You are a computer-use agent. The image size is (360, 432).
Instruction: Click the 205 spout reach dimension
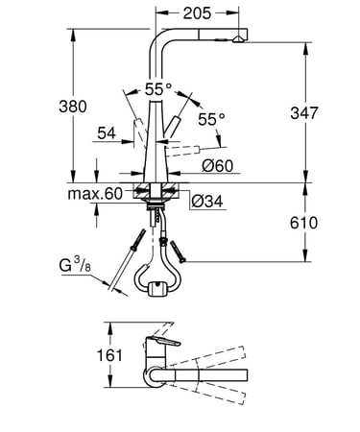pos(197,13)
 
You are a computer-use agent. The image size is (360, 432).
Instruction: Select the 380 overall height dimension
pos(73,107)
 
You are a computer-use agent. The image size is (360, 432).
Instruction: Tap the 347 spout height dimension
pos(304,113)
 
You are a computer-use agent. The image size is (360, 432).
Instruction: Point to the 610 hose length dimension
pos(303,223)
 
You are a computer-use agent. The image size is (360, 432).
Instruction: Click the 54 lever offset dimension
pos(107,133)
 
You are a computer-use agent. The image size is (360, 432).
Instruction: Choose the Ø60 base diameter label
pos(218,166)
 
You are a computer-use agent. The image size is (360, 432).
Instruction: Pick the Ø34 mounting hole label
pos(207,202)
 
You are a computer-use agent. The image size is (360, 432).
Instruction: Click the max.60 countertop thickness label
pos(95,194)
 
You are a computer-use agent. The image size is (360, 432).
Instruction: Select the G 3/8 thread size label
pos(75,265)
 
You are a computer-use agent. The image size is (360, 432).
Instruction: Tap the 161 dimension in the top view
pos(109,355)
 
